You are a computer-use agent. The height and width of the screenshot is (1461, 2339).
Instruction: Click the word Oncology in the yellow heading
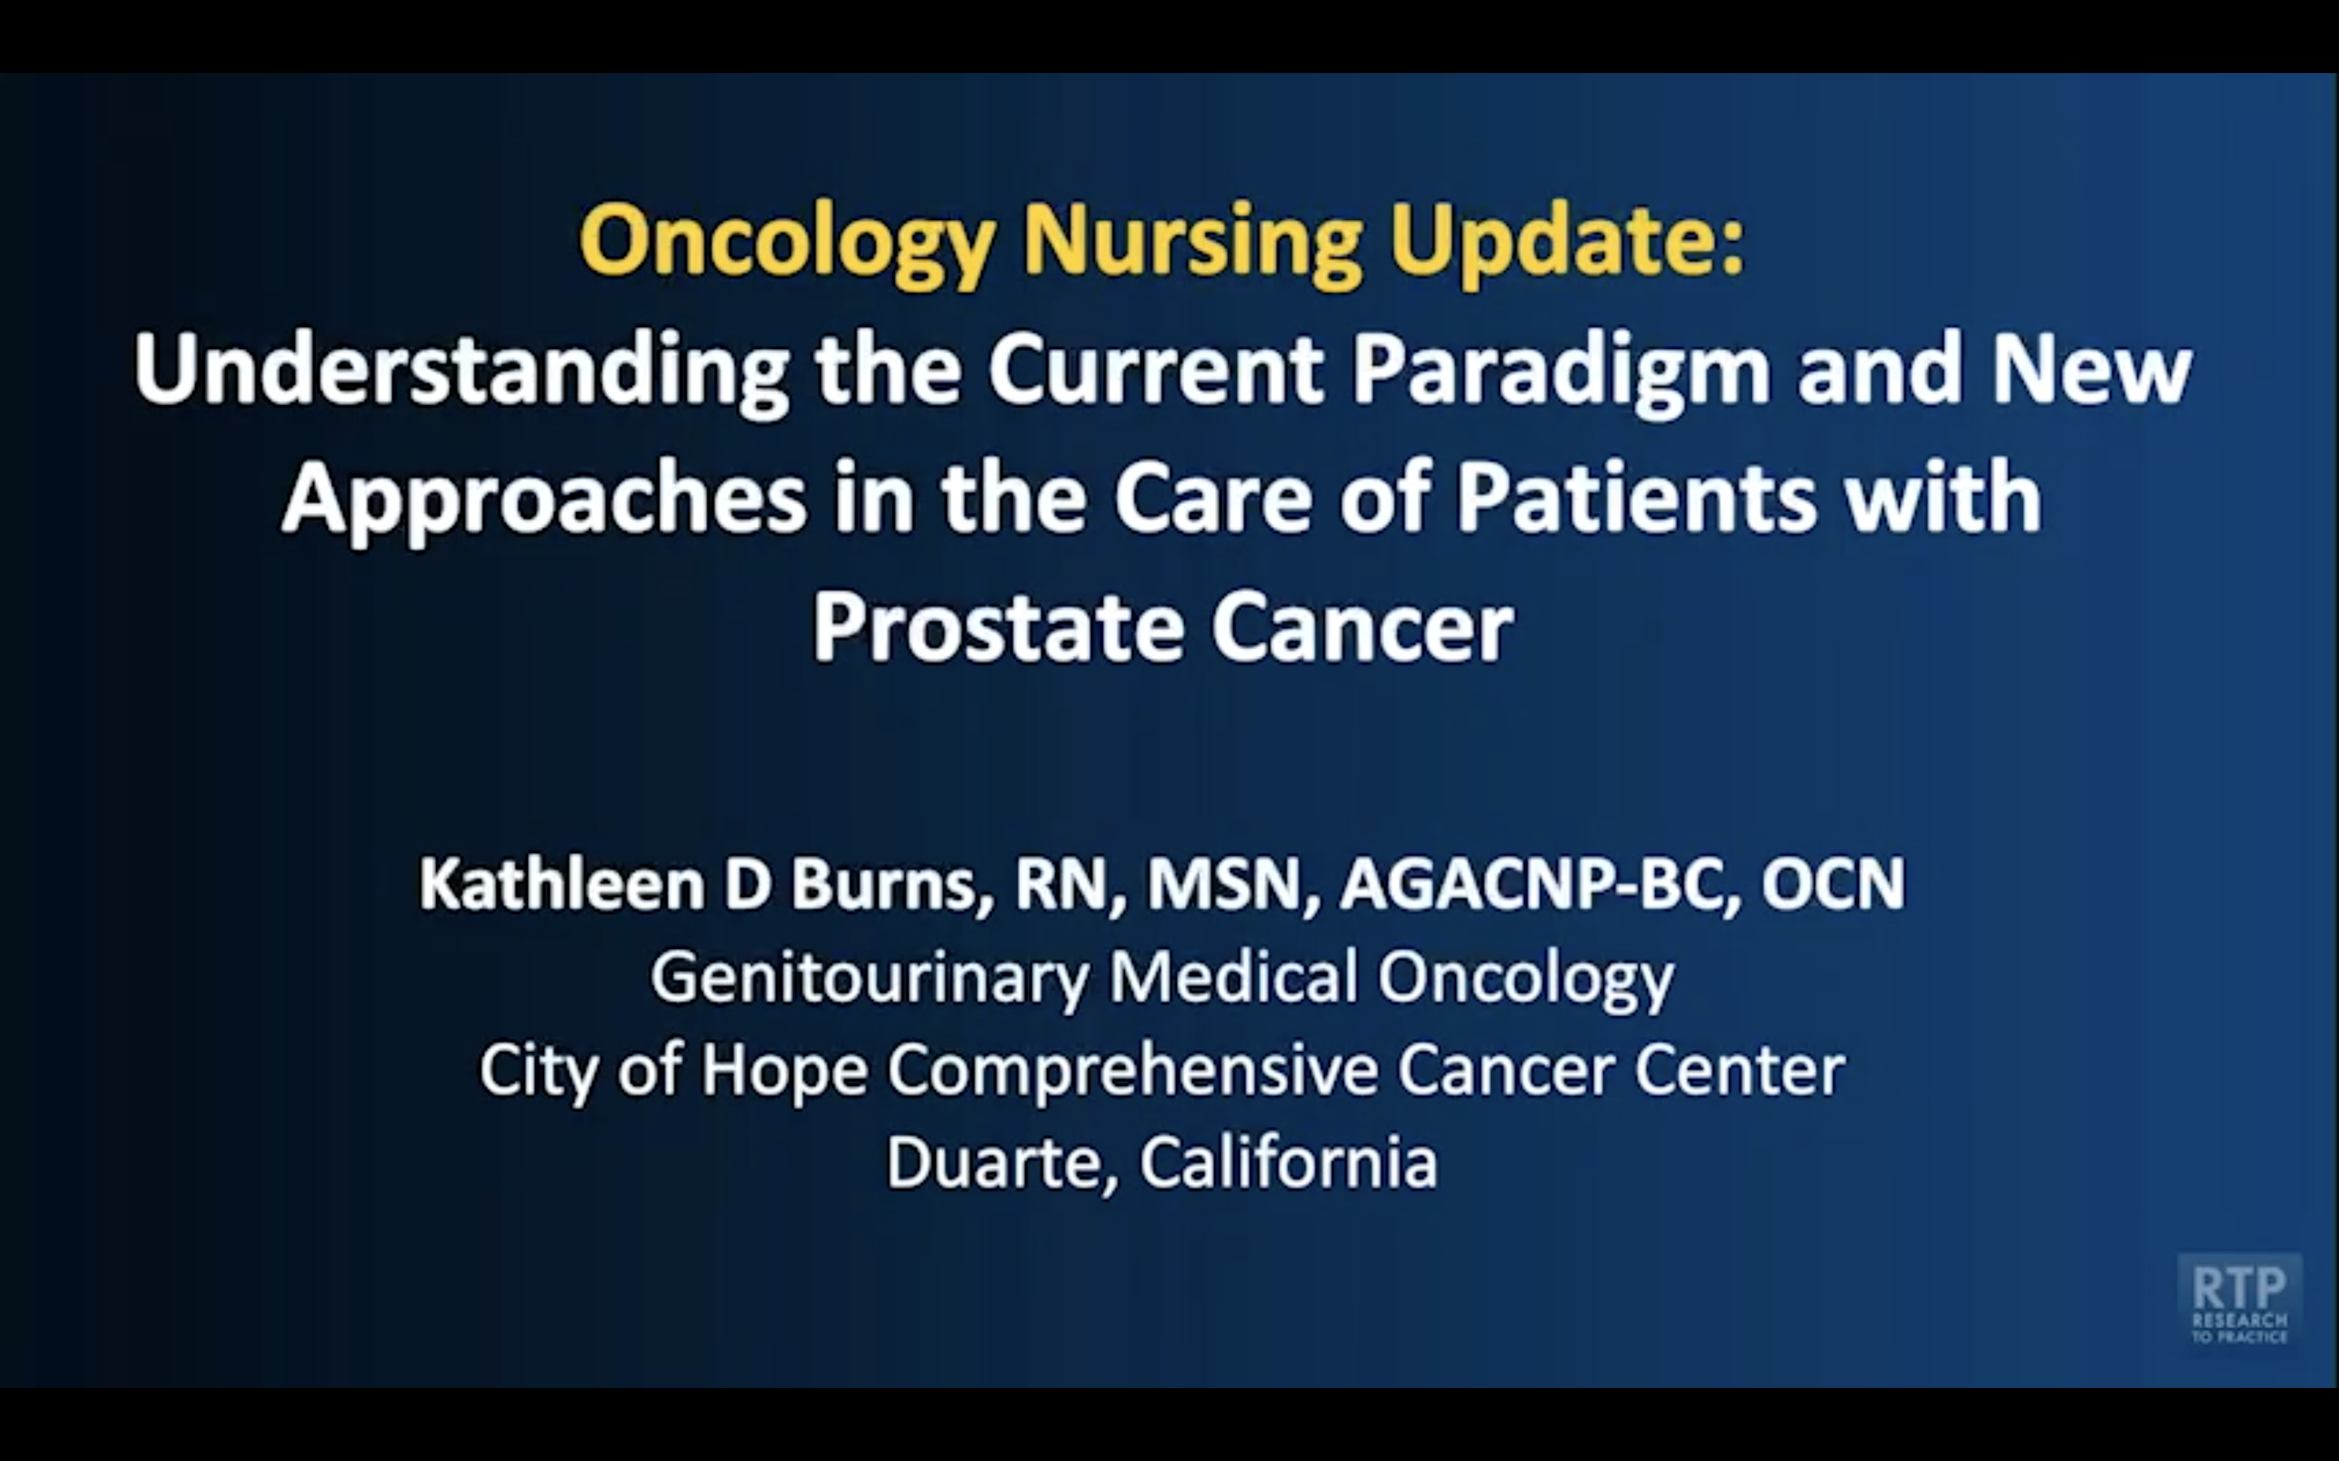(787, 243)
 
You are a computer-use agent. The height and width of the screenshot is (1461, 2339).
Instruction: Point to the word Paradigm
(1561, 372)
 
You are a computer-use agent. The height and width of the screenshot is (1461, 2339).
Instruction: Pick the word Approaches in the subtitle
(544, 501)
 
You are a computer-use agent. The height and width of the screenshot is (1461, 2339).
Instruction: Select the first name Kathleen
(561, 884)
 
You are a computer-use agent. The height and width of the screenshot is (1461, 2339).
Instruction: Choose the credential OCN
(1832, 884)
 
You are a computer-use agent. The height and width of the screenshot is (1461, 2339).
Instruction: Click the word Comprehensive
(1133, 1071)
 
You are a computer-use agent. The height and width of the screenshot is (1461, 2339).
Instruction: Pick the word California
(1288, 1161)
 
